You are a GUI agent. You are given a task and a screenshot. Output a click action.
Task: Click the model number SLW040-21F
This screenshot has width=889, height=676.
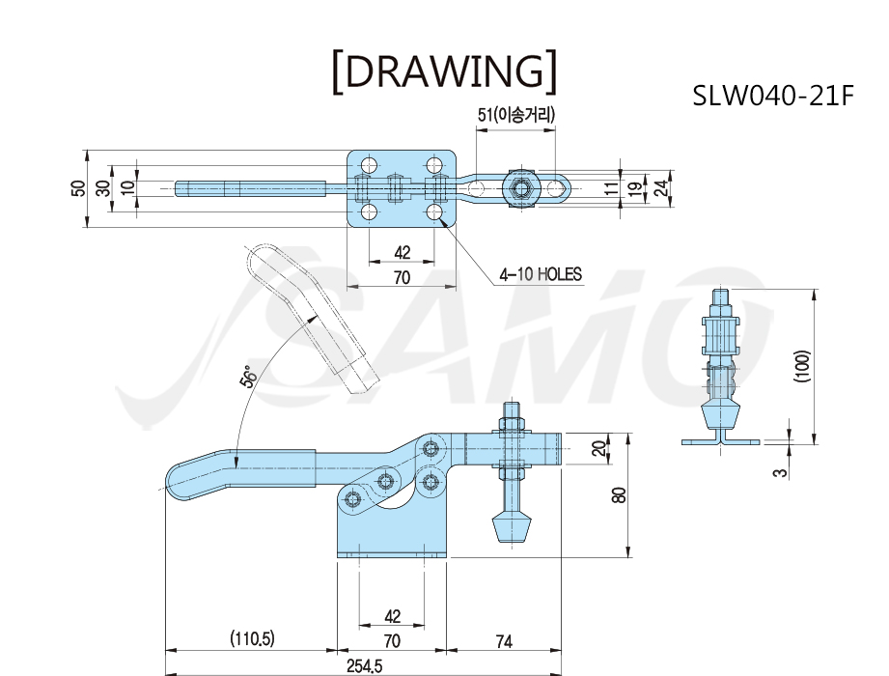click(773, 96)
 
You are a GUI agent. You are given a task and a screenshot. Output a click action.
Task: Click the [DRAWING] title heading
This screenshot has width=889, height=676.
click(444, 70)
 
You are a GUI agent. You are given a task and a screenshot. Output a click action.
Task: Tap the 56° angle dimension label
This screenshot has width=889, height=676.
click(248, 376)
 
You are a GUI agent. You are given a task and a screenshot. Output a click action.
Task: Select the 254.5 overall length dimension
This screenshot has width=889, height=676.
click(364, 665)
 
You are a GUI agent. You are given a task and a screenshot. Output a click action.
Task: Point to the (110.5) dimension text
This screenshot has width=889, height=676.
click(252, 639)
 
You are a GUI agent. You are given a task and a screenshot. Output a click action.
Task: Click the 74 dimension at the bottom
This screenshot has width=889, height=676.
click(504, 641)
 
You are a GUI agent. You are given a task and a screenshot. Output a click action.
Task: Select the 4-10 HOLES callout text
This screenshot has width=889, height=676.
click(541, 274)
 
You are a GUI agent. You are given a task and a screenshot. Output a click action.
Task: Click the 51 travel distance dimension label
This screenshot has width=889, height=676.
click(516, 115)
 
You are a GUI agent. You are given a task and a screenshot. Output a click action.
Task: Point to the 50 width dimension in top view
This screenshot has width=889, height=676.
click(79, 187)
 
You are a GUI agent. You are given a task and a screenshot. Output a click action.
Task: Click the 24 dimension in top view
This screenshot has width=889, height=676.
click(661, 187)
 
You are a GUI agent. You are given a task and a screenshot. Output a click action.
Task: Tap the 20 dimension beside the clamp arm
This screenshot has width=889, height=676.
click(598, 449)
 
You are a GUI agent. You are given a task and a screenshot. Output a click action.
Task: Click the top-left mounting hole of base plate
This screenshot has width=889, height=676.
click(369, 165)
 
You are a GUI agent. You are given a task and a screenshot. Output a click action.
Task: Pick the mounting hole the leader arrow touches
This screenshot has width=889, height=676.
click(435, 212)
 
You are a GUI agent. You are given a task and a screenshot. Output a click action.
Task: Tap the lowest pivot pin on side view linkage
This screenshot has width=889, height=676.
click(354, 500)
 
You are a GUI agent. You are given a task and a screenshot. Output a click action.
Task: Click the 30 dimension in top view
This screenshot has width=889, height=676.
click(103, 187)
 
